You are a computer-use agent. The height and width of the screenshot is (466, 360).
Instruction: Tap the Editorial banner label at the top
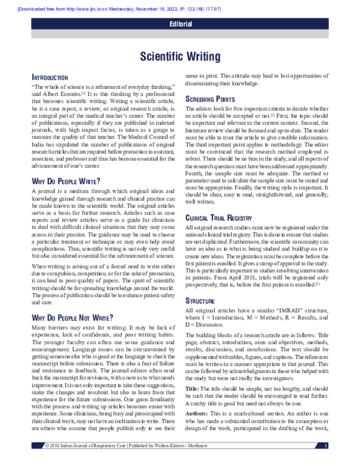coord(181,25)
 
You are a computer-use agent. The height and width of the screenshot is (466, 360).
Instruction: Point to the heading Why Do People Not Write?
coord(71,316)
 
